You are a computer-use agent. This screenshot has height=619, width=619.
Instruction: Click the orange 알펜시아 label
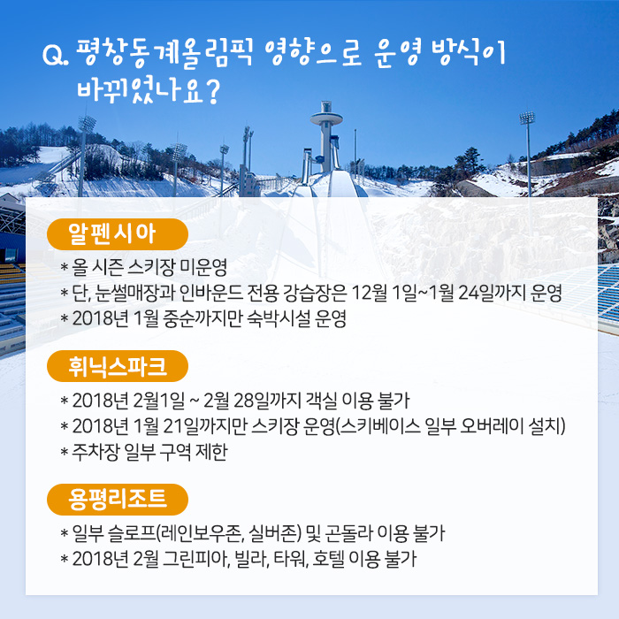[118, 234]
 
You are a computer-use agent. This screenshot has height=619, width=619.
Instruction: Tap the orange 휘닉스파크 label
[118, 366]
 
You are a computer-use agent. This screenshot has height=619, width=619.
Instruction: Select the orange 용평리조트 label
[118, 500]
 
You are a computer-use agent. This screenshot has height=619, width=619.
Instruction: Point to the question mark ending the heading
[212, 92]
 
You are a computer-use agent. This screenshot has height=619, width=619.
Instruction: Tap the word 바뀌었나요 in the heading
[140, 91]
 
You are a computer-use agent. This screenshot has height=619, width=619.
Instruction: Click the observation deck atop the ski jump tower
[326, 117]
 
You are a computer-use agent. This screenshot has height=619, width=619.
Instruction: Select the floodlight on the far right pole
[527, 118]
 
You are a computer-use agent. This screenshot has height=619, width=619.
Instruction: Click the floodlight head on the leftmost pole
[87, 123]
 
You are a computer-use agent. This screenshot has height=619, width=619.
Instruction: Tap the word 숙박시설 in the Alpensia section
[279, 318]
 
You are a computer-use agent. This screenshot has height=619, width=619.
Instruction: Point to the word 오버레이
[492, 426]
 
